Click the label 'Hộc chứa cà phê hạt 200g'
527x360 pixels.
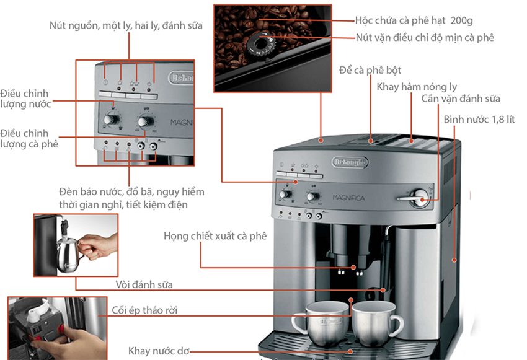(414, 20)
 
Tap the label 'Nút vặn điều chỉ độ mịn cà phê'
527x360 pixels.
(425, 37)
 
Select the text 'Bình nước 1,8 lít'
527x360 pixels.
(479, 120)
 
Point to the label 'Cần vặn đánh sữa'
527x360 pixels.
(461, 99)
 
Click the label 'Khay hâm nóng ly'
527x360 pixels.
(417, 87)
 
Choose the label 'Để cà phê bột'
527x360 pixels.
(370, 70)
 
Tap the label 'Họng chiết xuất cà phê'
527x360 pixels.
(215, 236)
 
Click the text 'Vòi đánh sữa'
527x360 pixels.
(144, 285)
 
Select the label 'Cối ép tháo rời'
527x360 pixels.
(144, 310)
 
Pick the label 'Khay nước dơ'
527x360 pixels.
(159, 351)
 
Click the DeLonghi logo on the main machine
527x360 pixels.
(350, 162)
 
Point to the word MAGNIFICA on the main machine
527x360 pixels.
(348, 198)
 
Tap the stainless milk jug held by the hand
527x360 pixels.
(69, 255)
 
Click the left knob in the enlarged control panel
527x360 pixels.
(111, 119)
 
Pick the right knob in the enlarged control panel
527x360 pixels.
(146, 121)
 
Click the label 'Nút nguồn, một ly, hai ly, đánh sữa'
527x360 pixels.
(126, 25)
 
